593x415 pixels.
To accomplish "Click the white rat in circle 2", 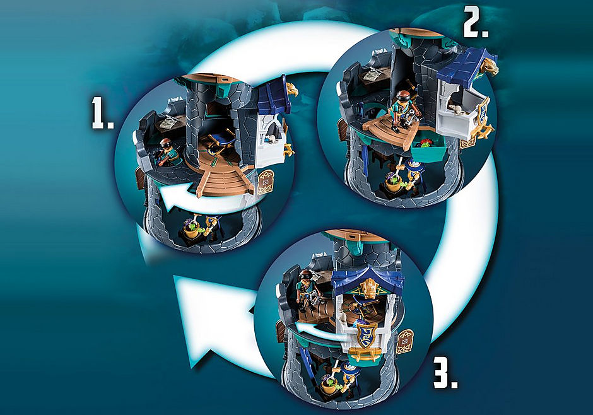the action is [455, 110].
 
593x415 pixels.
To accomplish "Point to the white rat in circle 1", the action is [271, 139].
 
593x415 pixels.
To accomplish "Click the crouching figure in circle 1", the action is [166, 152].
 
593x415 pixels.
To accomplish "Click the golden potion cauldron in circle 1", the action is [191, 231].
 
